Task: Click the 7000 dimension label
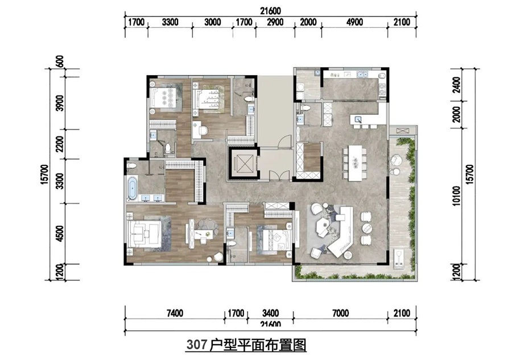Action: pos(341,312)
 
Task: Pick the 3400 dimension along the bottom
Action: pos(270,312)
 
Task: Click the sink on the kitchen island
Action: pos(358,119)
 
